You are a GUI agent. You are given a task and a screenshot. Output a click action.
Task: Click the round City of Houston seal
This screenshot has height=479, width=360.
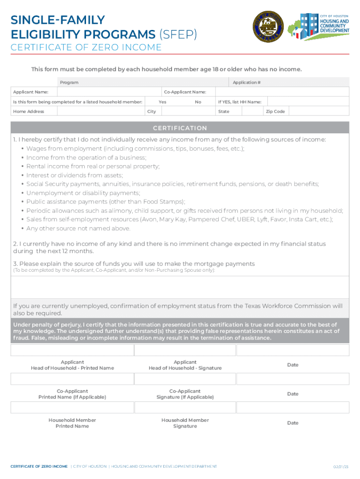tap(268, 26)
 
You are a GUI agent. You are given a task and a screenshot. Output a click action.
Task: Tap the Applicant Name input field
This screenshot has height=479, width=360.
tap(108, 92)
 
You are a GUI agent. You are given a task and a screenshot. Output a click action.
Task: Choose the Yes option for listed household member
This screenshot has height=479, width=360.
tap(162, 102)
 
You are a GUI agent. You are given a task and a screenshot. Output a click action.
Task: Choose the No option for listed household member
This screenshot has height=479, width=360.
tap(198, 102)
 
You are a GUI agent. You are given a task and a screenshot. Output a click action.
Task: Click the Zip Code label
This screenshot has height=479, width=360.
tap(275, 111)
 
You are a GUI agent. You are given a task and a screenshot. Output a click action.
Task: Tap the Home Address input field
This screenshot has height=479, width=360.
tap(100, 111)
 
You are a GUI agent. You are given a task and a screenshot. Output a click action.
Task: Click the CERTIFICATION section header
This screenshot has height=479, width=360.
tap(180, 128)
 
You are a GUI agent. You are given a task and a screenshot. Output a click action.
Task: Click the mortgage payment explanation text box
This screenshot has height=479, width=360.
tap(180, 287)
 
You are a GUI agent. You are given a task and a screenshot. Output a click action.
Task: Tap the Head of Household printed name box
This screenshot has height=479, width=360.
tap(72, 350)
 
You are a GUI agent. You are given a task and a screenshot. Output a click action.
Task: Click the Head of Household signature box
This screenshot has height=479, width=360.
tap(185, 350)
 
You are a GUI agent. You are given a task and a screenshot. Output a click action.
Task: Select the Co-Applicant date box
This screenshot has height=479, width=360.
tap(292, 379)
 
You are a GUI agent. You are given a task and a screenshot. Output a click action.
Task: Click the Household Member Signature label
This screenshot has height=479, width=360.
tap(185, 423)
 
